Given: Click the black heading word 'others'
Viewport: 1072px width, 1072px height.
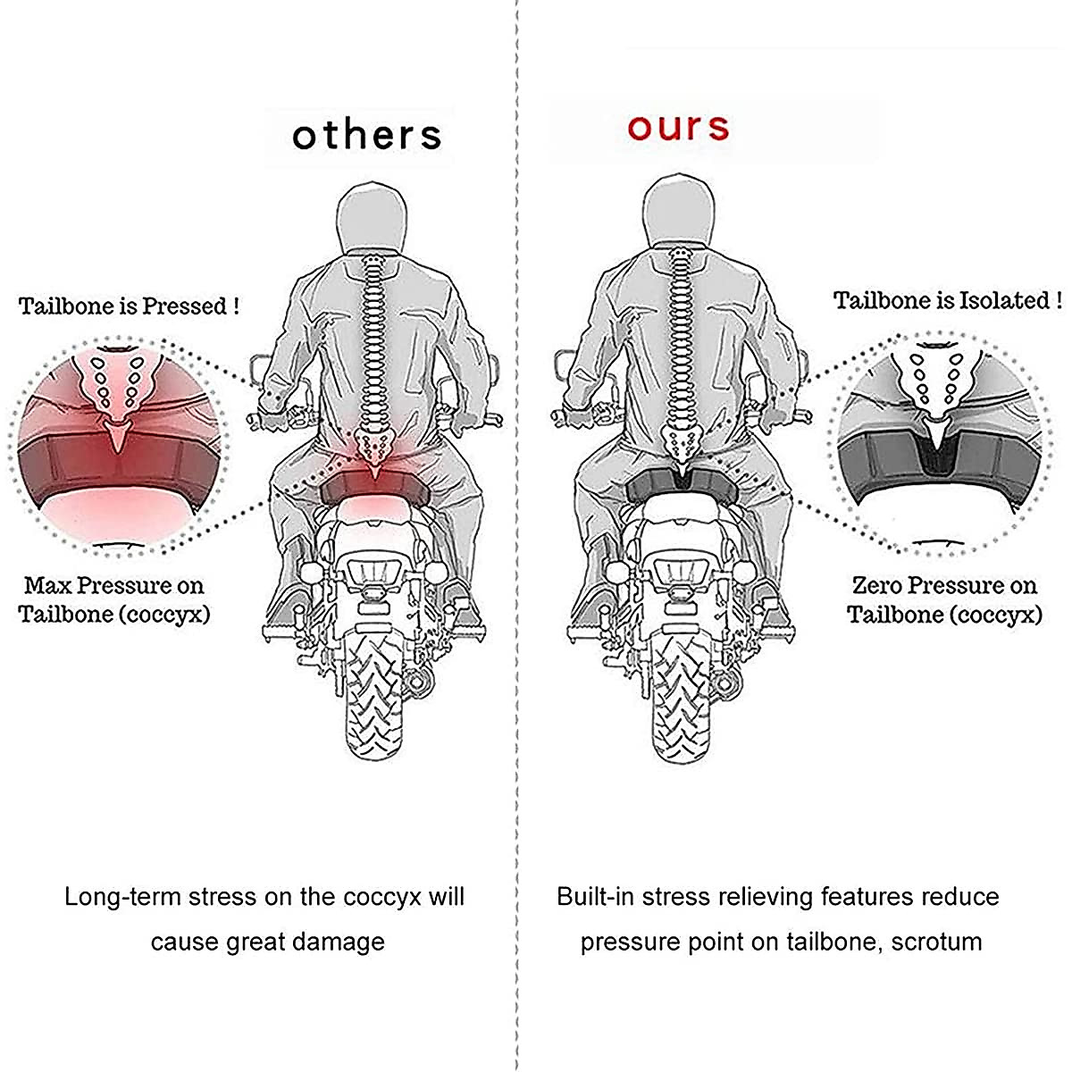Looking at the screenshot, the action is pyautogui.click(x=366, y=135).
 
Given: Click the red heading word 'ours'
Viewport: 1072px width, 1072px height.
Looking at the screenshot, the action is pyautogui.click(x=678, y=127).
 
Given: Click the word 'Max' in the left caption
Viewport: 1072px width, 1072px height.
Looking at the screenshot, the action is pyautogui.click(x=47, y=586).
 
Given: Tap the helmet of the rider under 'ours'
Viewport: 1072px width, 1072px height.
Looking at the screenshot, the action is pyautogui.click(x=679, y=211).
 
